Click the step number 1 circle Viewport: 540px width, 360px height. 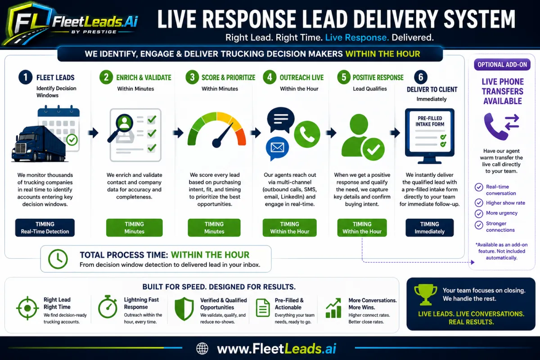tap(25, 77)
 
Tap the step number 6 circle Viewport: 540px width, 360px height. tap(421, 77)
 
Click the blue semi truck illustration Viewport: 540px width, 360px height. tap(39, 144)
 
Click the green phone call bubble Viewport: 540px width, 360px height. tap(307, 134)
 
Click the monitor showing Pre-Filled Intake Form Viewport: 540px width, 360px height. tap(430, 136)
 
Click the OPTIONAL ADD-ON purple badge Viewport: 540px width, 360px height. tap(502, 65)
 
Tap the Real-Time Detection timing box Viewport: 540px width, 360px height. tap(45, 228)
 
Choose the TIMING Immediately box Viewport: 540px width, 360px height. tap(430, 228)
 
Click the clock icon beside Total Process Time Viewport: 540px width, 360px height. tap(58, 259)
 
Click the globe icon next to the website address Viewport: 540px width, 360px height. tap(202, 348)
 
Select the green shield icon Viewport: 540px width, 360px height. tap(184, 309)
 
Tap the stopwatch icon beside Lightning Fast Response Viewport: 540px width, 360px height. tap(108, 307)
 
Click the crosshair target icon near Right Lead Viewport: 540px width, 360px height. tap(27, 308)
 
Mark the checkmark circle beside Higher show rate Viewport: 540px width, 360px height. tap(479, 203)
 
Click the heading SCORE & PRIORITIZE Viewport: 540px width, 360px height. tap(228, 78)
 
